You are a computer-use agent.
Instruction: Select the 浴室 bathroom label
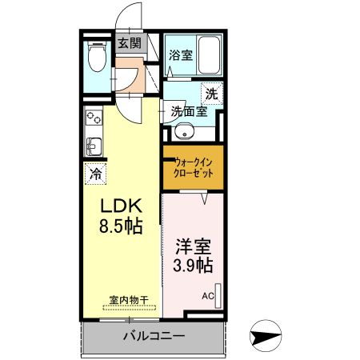point(181,55)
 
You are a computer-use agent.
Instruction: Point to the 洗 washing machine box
point(210,93)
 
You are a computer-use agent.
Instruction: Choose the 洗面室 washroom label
point(189,112)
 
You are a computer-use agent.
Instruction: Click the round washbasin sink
point(185,134)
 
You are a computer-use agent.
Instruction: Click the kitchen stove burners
point(93,118)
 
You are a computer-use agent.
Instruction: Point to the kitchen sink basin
point(93,146)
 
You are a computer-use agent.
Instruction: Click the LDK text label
point(120,204)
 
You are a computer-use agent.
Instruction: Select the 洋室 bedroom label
point(193,244)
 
